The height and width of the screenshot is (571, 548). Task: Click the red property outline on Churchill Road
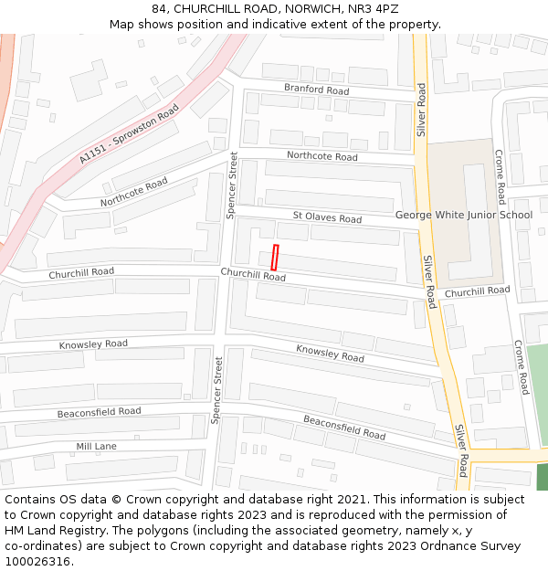[275, 257]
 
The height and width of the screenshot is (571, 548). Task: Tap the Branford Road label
[316, 90]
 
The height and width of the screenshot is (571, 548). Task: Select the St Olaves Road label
[327, 217]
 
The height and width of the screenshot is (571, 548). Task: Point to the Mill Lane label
[96, 447]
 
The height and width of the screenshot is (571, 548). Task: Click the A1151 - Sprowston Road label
[129, 133]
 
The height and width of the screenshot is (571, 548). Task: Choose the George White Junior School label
[463, 216]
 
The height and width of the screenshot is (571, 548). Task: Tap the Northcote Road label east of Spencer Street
[321, 156]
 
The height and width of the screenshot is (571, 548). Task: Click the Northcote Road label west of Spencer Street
[134, 192]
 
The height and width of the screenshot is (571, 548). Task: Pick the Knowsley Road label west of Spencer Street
[93, 344]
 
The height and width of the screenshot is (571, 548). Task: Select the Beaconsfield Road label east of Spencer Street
[344, 427]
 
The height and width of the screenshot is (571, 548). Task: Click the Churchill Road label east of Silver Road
[478, 291]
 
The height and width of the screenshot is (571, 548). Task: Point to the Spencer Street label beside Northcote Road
[232, 185]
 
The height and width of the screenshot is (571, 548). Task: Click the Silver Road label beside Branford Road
[421, 110]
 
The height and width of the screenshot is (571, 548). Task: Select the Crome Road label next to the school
[500, 176]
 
